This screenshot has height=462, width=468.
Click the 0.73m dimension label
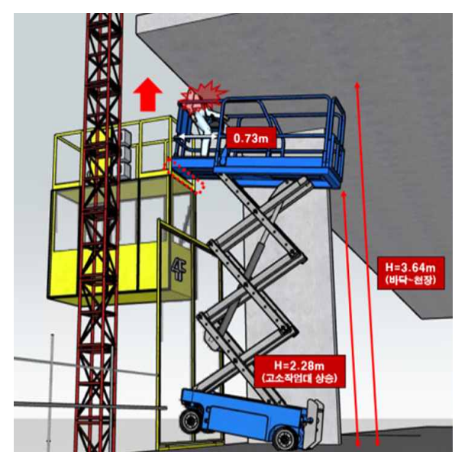tap(251, 138)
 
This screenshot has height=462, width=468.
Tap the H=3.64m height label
tap(411, 267)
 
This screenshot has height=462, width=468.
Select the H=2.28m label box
tap(300, 371)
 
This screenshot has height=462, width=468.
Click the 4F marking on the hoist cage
tap(179, 270)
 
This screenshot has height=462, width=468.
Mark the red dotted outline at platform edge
tap(185, 176)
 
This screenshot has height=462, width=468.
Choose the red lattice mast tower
tap(98, 232)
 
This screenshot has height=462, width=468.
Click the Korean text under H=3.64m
tap(411, 280)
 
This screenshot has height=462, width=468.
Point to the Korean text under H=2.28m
tap(300, 378)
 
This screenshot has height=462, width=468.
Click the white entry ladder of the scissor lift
tap(315, 421)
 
